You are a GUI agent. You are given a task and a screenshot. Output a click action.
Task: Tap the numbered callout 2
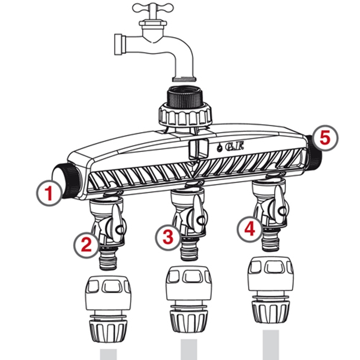click(86, 244)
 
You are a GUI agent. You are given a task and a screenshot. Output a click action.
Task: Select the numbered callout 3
click(167, 237)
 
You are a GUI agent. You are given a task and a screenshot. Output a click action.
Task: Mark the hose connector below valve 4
click(270, 292)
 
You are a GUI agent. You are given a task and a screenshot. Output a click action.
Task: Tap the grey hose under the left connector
click(108, 354)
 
